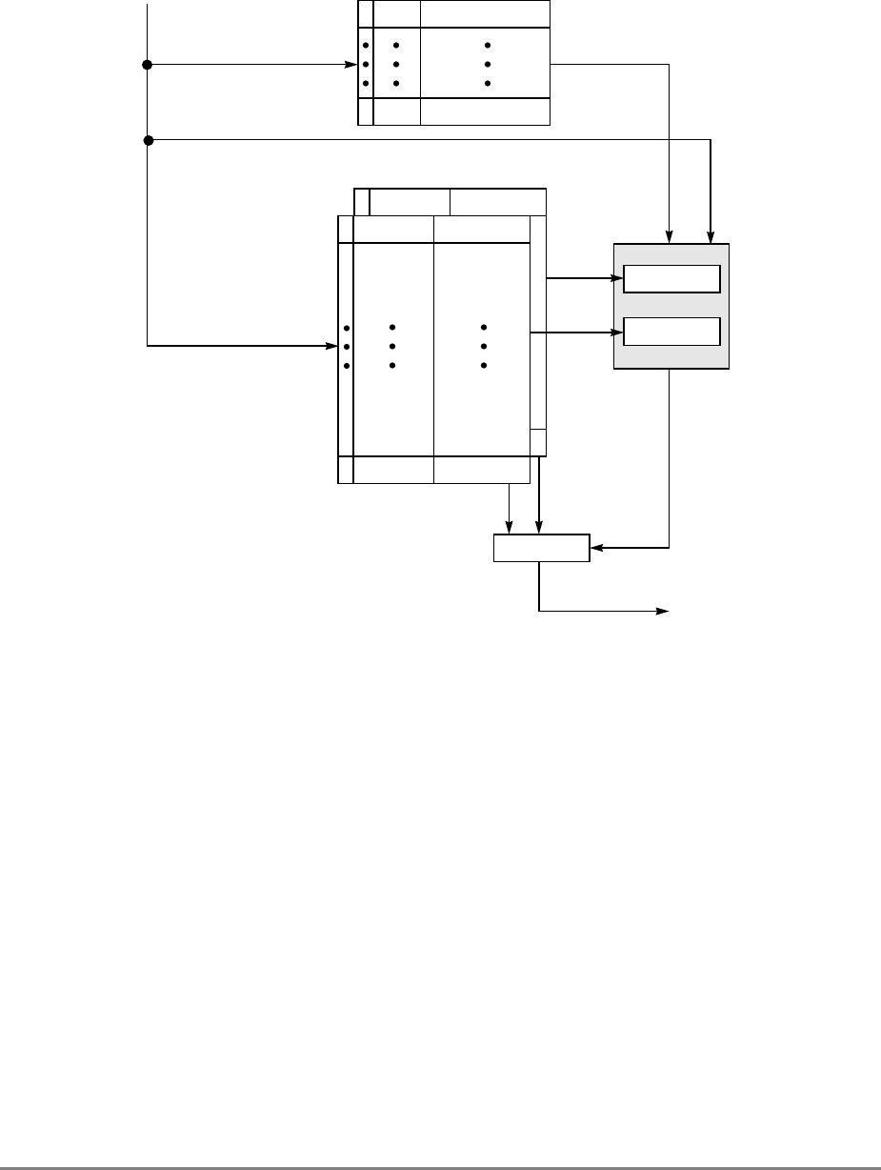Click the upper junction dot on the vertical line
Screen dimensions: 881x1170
(147, 65)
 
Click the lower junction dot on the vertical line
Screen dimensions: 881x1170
(148, 141)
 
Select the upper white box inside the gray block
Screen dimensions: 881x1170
(671, 279)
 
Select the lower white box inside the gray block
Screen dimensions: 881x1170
(671, 332)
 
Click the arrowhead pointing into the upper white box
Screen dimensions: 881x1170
(618, 279)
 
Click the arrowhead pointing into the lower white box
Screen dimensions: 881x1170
(618, 333)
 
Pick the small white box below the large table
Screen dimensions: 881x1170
(541, 548)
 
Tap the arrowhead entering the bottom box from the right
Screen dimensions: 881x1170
(596, 548)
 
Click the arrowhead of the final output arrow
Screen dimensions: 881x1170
(666, 611)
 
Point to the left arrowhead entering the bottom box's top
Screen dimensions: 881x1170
(511, 529)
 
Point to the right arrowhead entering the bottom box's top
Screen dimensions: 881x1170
(540, 529)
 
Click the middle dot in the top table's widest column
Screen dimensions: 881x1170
(487, 65)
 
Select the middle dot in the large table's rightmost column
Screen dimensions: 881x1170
(485, 347)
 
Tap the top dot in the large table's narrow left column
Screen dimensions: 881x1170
(346, 328)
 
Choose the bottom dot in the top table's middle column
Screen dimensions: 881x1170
(396, 84)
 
